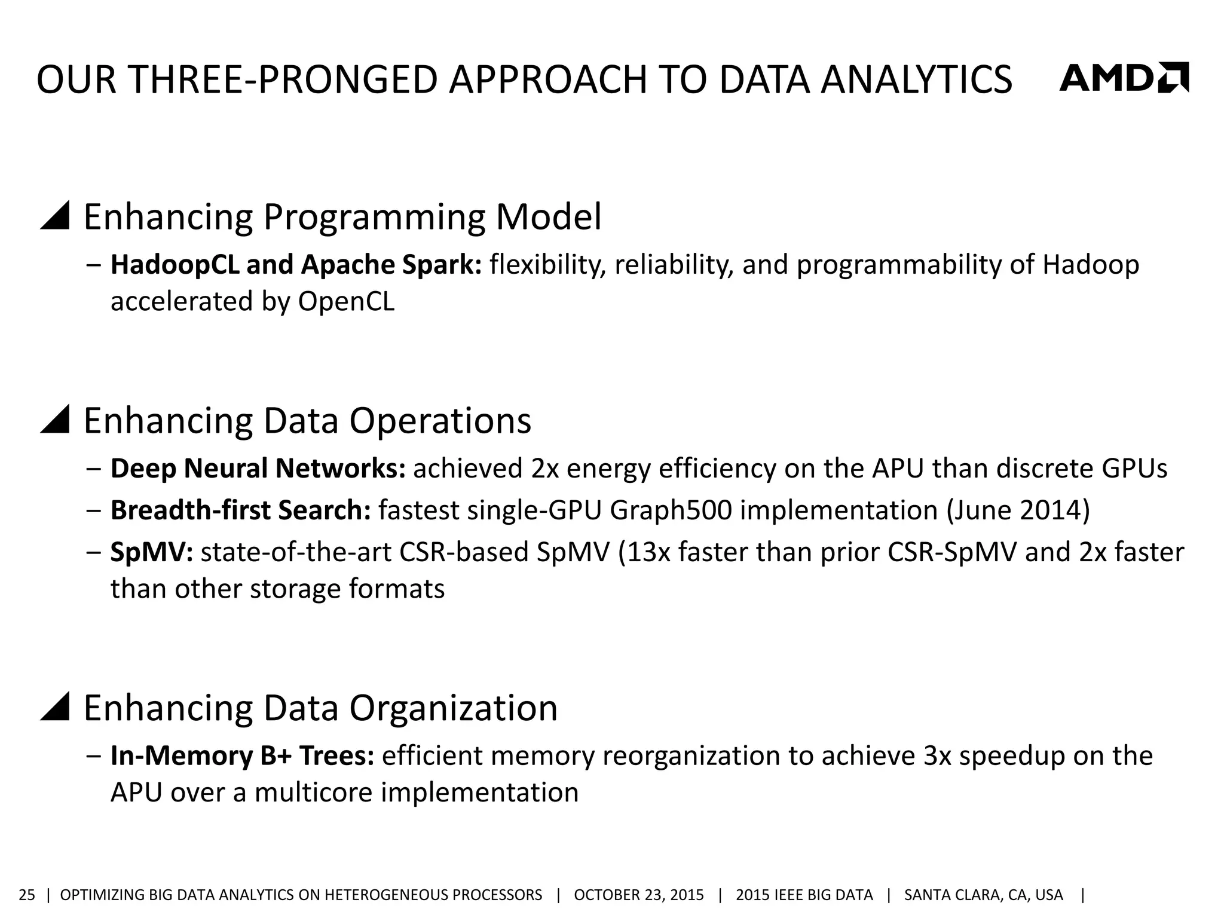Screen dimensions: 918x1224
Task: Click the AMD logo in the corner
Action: tap(1124, 78)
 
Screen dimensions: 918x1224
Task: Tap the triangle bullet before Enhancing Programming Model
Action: tap(55, 216)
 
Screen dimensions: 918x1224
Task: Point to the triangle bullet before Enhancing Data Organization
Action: tap(55, 707)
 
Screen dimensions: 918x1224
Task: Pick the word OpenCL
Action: tap(346, 301)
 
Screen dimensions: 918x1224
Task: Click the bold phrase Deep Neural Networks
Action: tap(258, 469)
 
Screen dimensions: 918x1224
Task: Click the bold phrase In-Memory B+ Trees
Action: tap(242, 756)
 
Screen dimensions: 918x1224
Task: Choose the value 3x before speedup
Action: tap(937, 756)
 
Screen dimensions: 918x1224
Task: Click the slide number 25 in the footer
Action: tap(27, 895)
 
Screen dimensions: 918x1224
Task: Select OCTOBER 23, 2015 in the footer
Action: tap(638, 895)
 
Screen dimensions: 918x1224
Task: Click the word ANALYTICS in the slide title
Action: tap(916, 79)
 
